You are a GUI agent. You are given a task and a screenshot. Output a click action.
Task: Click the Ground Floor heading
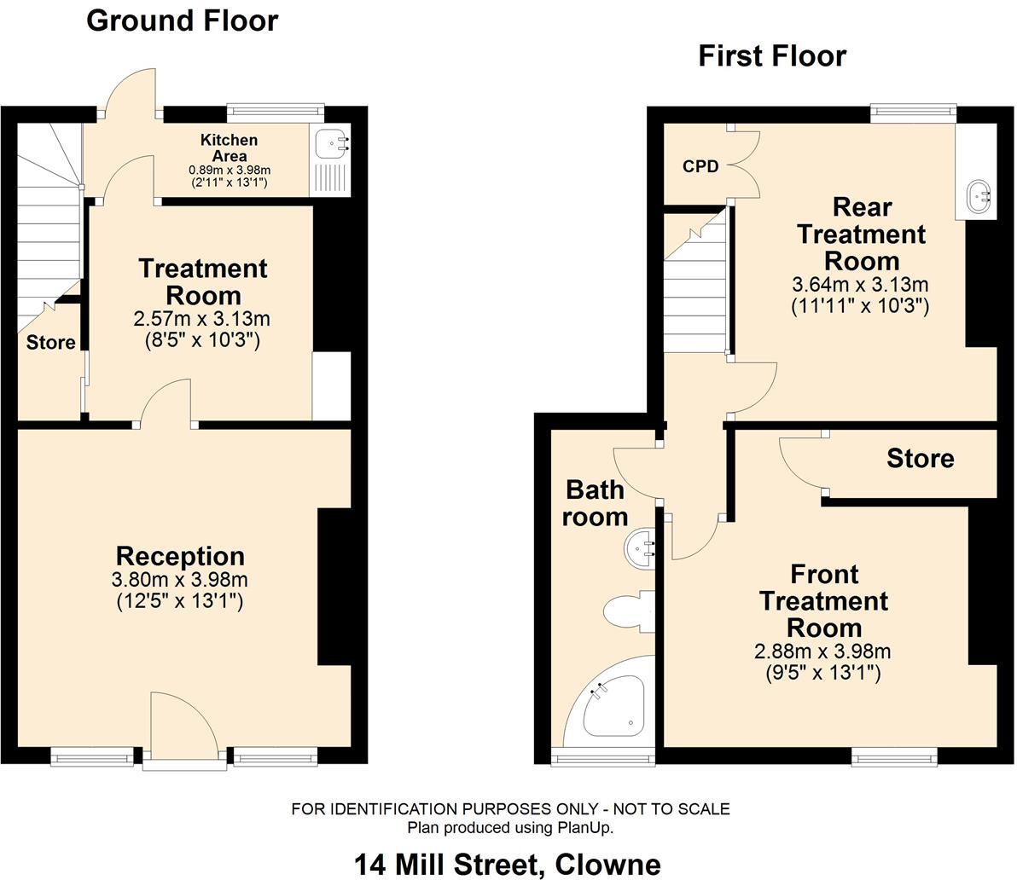pos(182,20)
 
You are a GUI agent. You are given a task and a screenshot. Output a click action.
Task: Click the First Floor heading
pos(771,56)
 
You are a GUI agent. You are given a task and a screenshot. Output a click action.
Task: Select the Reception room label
pos(180,556)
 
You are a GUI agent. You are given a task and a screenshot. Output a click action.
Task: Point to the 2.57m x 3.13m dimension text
pos(201,319)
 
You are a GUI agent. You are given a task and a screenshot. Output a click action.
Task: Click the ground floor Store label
pos(50,343)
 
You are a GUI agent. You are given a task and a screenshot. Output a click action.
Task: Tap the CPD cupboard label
pos(700,166)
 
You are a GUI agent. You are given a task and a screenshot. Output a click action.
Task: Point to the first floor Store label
pos(920,459)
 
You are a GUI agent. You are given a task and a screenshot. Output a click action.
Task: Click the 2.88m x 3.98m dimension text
pos(822,652)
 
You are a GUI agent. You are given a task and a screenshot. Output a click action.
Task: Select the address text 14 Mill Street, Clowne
pos(507,864)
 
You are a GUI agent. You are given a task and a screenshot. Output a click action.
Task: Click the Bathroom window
pos(601,756)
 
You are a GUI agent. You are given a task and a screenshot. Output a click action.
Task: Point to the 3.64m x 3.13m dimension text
pos(861,285)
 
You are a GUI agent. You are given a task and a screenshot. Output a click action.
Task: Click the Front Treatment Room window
pos(894,755)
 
